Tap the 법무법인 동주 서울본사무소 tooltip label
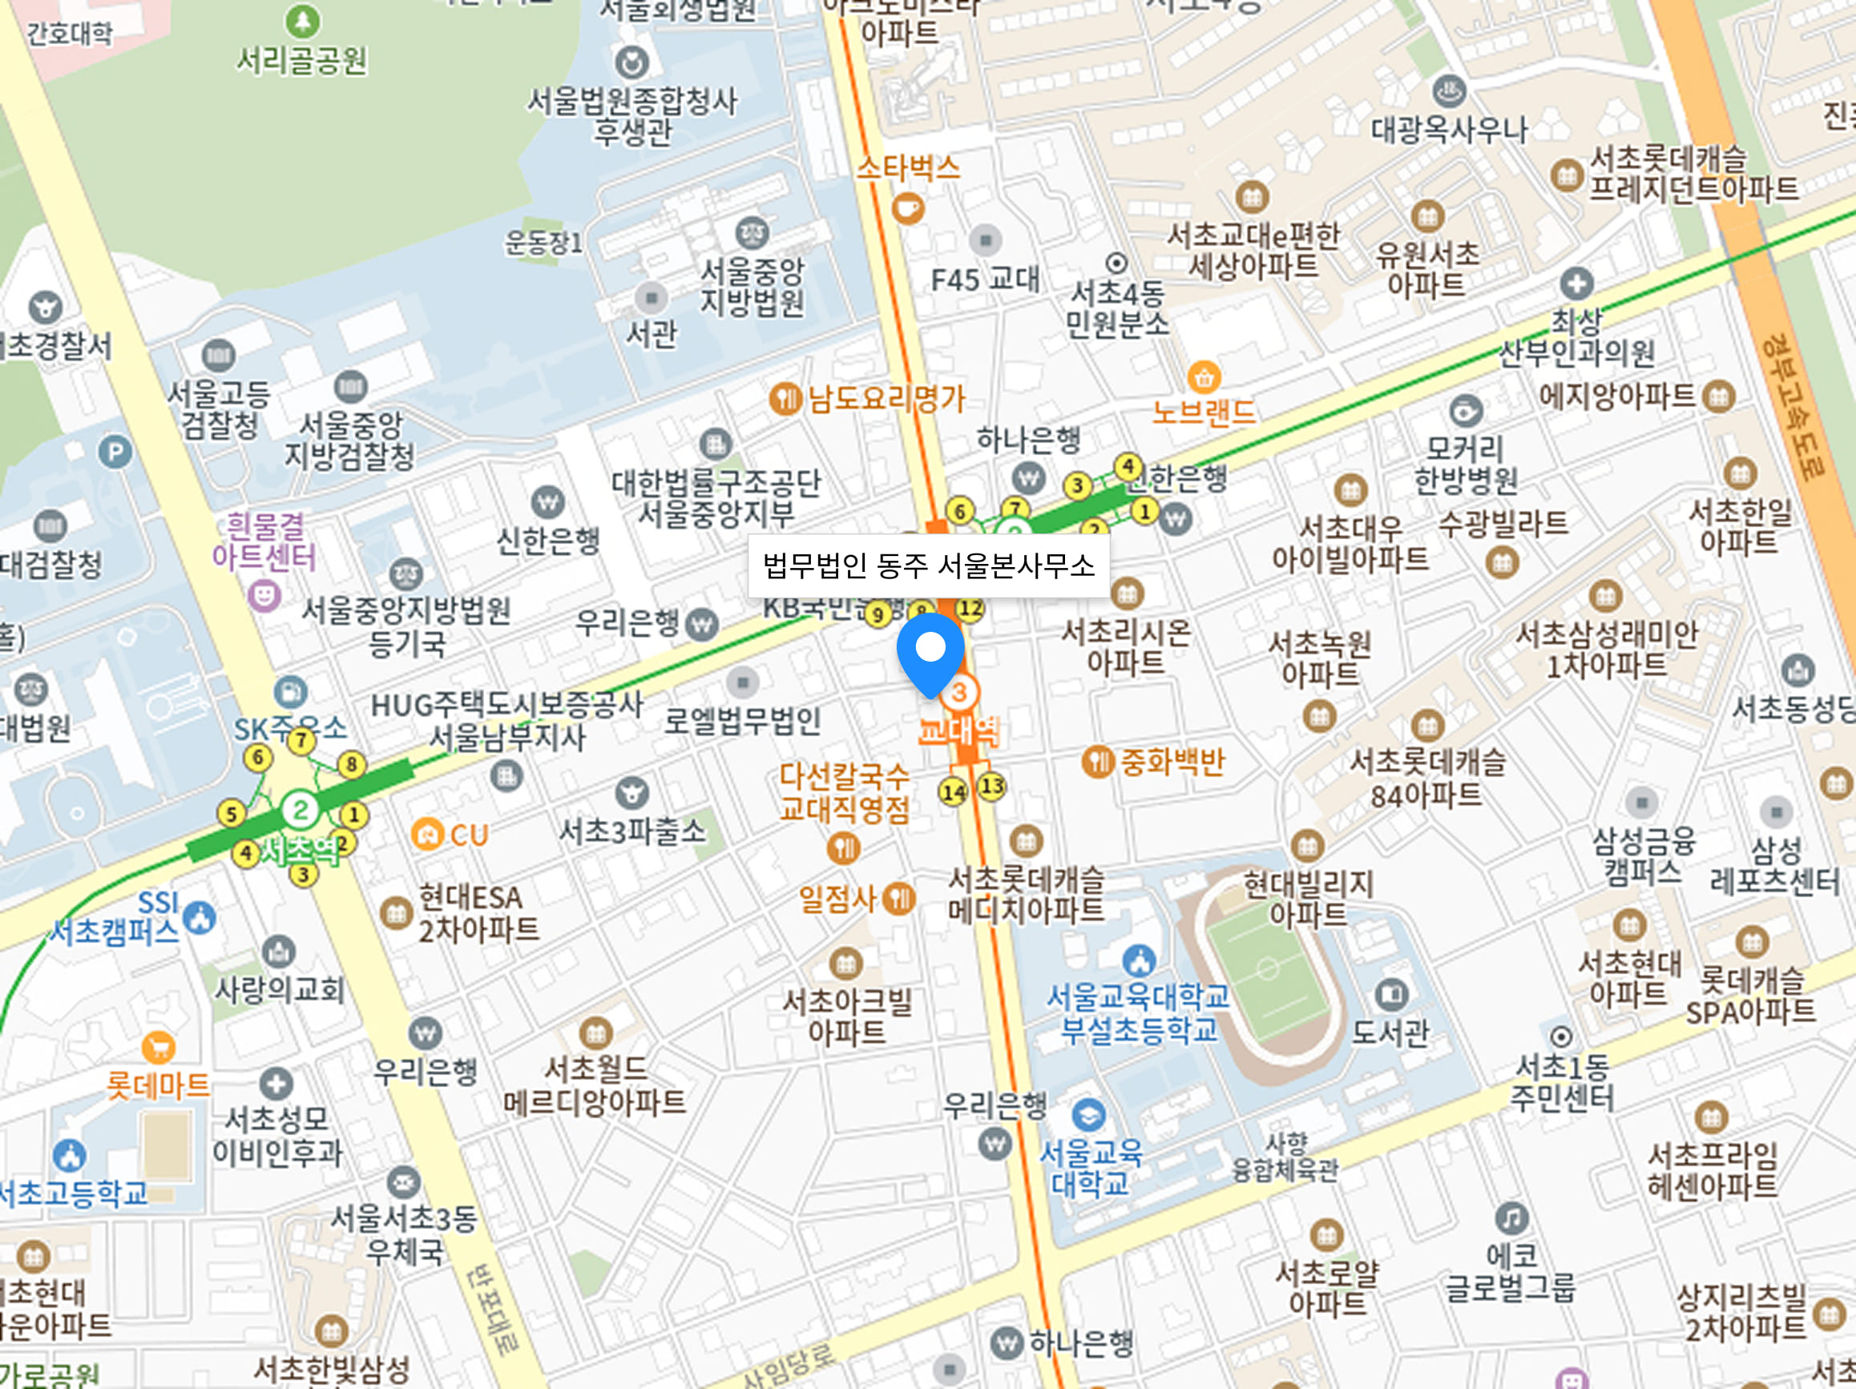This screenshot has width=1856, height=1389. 928,566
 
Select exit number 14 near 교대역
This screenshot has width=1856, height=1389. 953,791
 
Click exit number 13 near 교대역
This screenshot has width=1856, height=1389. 992,786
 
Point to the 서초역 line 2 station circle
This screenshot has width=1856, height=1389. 300,809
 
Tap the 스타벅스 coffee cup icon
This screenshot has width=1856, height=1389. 907,207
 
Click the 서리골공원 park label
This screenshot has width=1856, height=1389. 302,60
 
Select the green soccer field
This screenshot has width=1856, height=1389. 1266,969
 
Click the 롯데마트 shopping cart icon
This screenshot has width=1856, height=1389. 159,1047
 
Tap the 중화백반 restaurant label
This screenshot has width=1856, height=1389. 1172,762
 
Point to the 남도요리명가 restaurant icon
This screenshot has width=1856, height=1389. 785,398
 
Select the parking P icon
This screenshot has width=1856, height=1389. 115,453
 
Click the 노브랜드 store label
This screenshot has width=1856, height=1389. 1203,412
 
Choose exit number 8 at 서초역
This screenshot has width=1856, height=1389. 352,764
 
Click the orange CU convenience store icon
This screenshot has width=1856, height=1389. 426,835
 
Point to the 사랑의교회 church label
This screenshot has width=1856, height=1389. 280,990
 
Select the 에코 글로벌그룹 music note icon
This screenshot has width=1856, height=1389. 1511,1218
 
